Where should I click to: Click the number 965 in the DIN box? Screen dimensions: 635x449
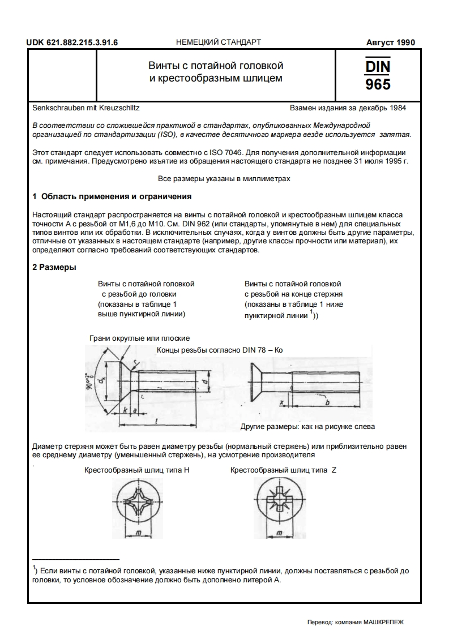click(x=378, y=84)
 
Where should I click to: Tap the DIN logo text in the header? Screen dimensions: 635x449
click(x=378, y=67)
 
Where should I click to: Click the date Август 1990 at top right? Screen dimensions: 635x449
click(x=390, y=42)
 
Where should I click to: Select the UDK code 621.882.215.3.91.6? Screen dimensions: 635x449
click(x=76, y=42)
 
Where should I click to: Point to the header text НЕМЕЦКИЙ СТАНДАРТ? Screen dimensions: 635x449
click(x=219, y=42)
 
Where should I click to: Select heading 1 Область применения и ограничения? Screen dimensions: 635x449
click(x=112, y=197)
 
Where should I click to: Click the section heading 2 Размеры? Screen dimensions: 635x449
click(x=54, y=267)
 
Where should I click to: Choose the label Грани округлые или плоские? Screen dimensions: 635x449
click(x=139, y=338)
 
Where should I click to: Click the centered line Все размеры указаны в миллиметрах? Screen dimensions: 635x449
click(x=224, y=179)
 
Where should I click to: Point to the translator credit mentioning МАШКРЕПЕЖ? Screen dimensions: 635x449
click(x=355, y=621)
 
